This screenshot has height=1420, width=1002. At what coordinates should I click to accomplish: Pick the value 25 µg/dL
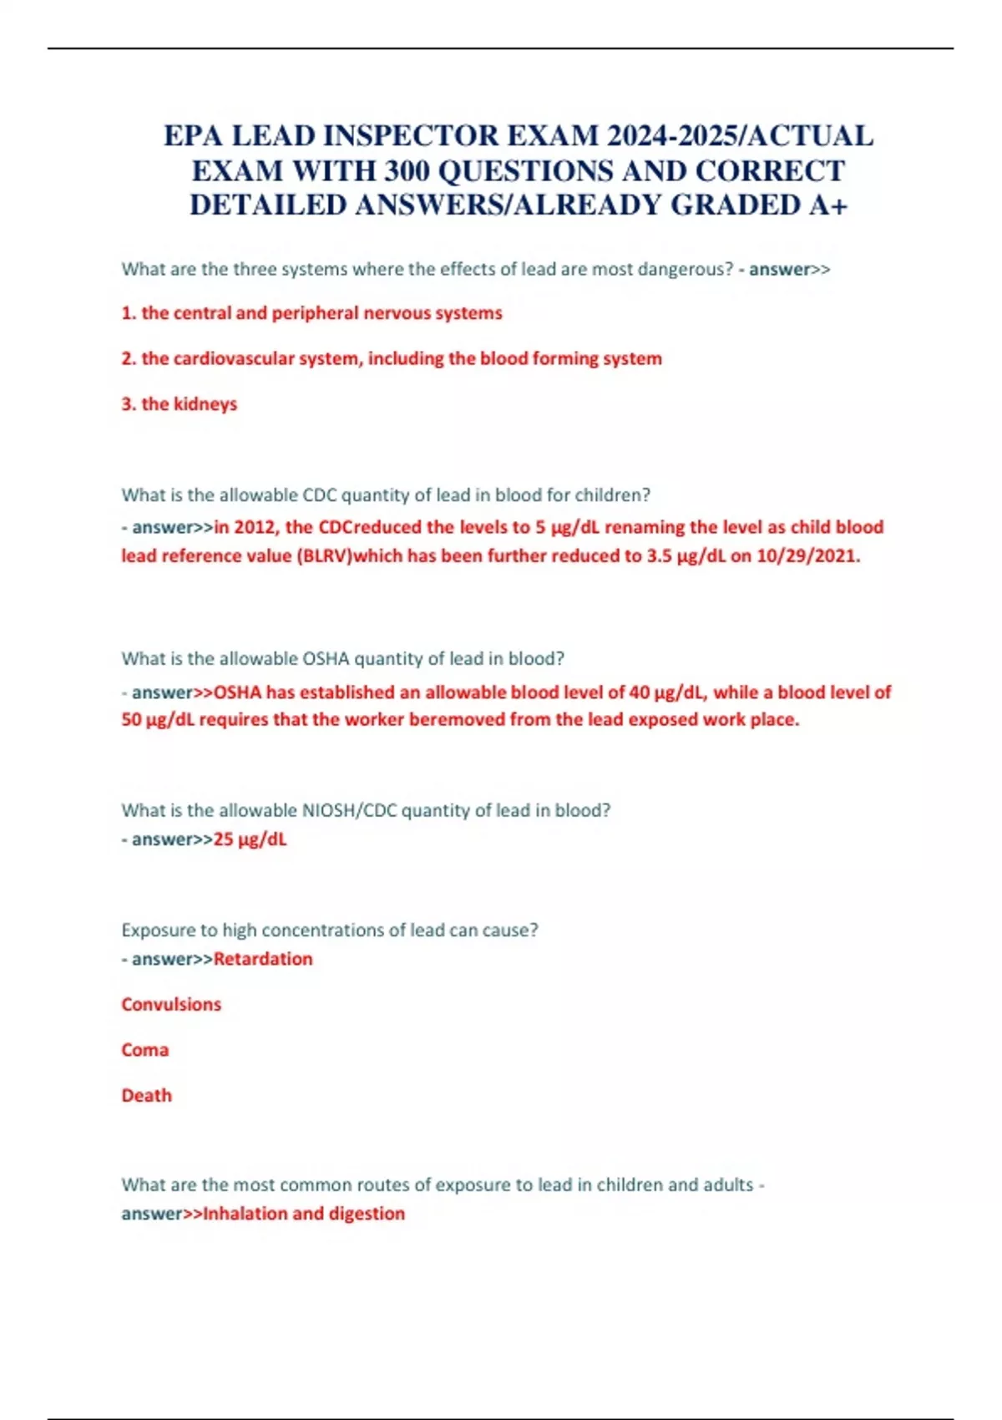250,839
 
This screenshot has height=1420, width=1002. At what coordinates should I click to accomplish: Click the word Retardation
263,959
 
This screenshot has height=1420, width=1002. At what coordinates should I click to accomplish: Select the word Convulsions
171,1005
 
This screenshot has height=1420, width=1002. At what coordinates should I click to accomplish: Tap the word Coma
144,1050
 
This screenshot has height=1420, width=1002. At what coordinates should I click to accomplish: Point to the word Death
146,1096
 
